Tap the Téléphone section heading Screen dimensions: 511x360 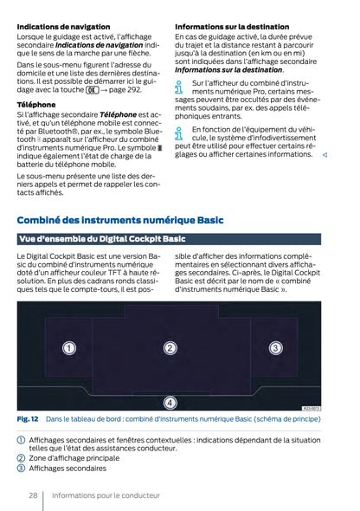[x=36, y=104]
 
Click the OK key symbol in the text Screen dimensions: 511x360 [x=91, y=88]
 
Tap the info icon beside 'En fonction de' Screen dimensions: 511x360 [x=179, y=133]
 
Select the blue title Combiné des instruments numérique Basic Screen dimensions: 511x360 [x=119, y=221]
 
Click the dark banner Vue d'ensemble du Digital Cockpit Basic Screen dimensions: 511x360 [x=102, y=239]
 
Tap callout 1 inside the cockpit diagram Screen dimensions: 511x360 [x=68, y=348]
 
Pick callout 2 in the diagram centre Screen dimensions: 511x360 [x=170, y=348]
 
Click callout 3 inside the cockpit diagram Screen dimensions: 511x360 [x=275, y=348]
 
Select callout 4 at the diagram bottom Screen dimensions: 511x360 [x=170, y=402]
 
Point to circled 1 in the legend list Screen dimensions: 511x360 [x=22, y=440]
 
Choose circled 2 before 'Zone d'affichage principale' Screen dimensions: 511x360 [x=22, y=458]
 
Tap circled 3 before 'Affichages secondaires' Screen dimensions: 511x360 [x=22, y=468]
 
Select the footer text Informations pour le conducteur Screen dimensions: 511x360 [x=106, y=495]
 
